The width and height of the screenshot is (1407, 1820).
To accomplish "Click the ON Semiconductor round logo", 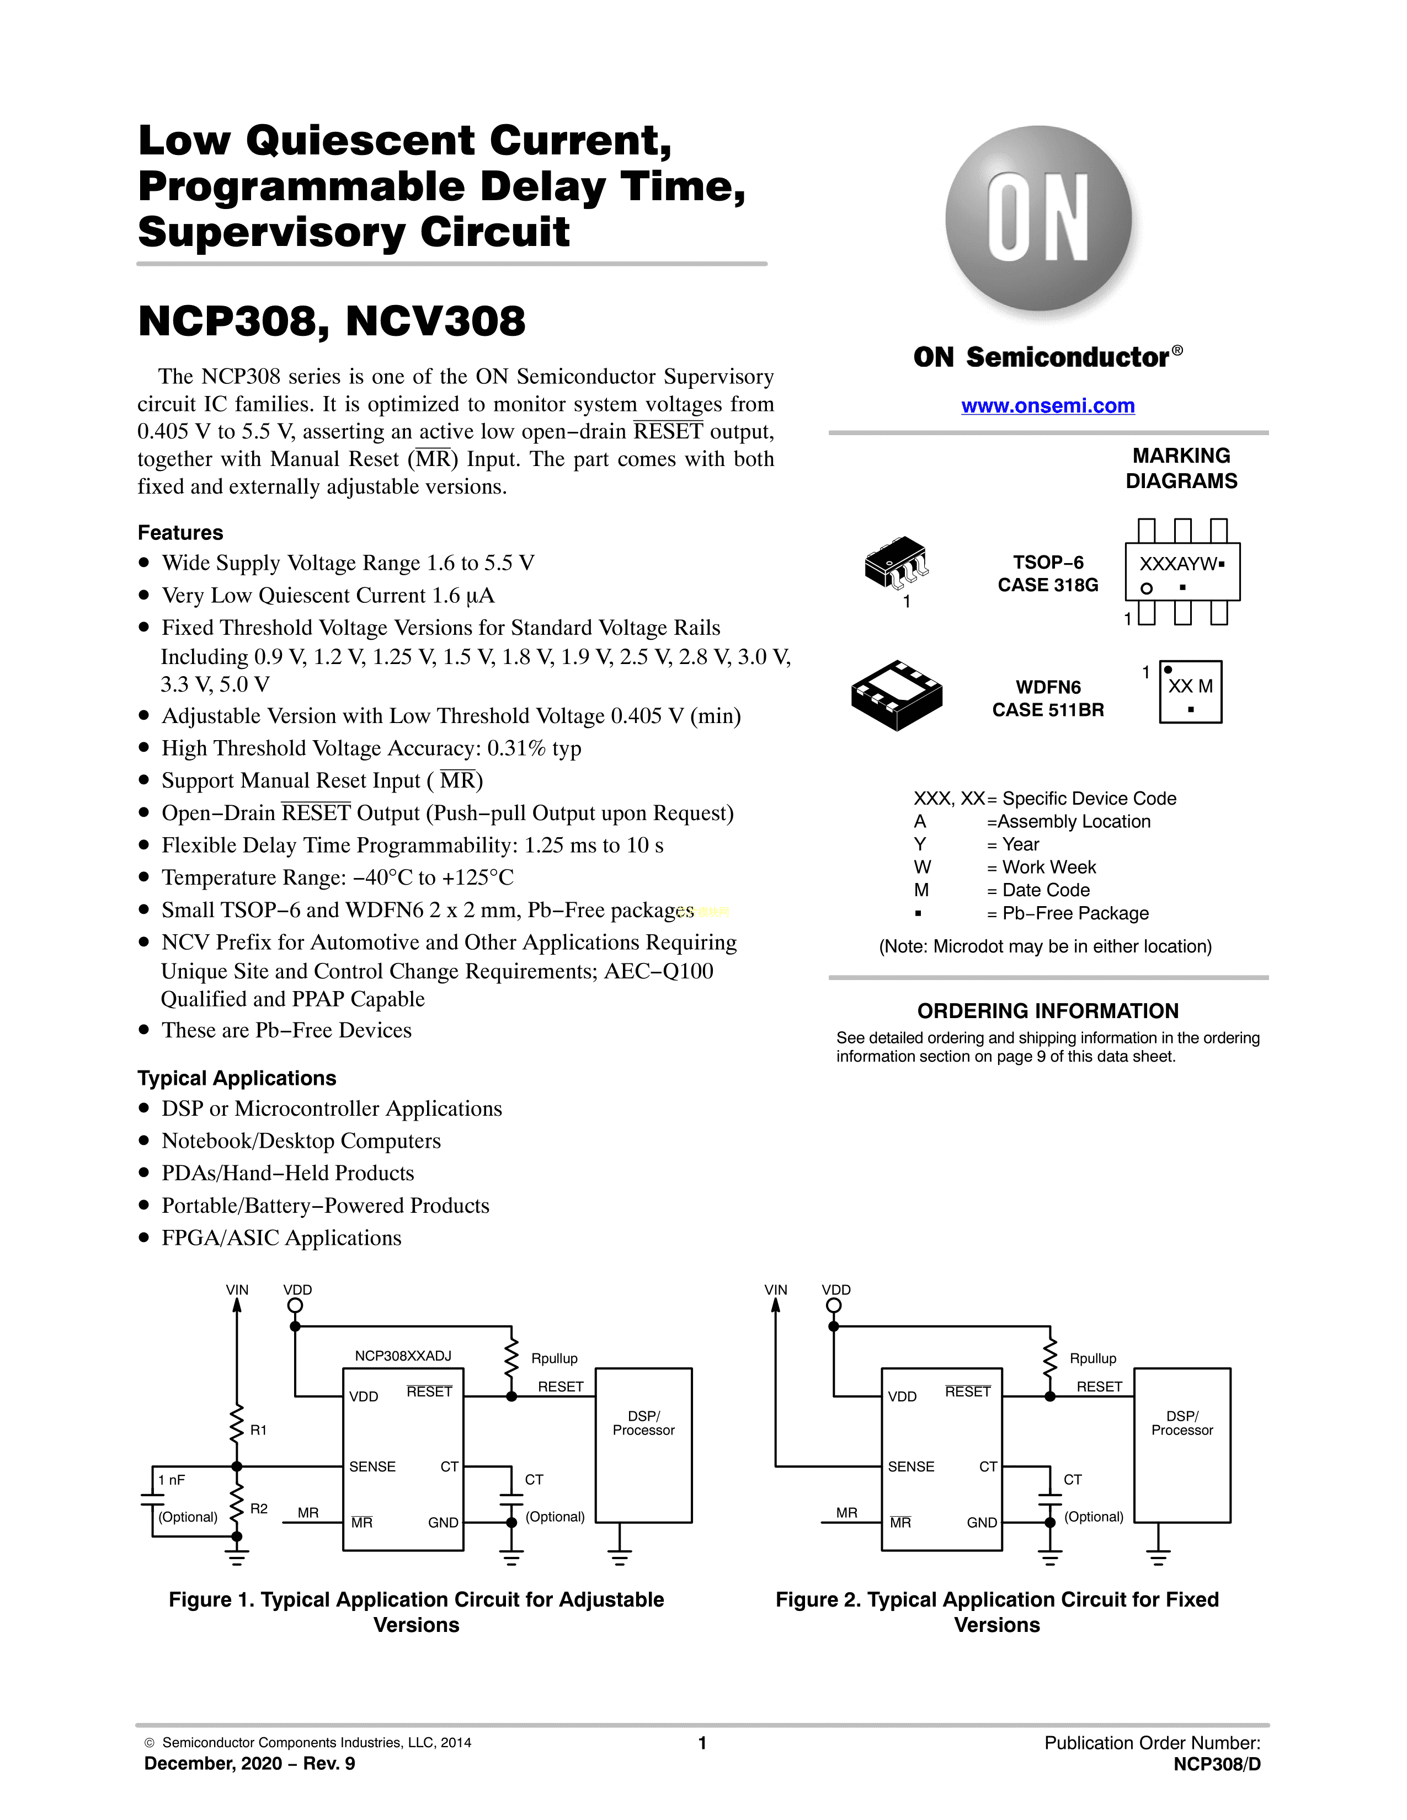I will click(1038, 218).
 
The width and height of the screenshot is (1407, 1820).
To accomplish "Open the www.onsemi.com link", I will click(1048, 406).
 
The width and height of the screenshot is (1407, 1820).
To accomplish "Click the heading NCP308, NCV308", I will click(332, 322).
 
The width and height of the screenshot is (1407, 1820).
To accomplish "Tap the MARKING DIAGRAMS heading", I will click(1181, 468).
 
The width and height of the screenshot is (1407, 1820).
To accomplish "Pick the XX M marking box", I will click(1190, 692).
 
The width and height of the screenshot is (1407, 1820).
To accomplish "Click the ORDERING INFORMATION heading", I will click(1048, 1011).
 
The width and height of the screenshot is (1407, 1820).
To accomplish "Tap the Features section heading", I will click(180, 533).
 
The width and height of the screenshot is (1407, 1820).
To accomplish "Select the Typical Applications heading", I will click(237, 1078).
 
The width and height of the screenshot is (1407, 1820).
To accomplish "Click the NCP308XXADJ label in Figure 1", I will click(403, 1356).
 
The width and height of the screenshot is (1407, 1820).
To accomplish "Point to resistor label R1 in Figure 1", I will click(258, 1430).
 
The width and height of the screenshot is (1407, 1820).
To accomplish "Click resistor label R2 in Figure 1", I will click(258, 1508).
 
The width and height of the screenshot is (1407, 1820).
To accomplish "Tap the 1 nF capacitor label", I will click(172, 1480).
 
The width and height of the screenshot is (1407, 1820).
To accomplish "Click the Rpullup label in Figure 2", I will click(1092, 1358).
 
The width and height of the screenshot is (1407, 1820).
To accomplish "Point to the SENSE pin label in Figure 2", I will click(911, 1466).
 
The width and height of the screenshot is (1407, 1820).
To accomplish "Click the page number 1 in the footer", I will click(702, 1742).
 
